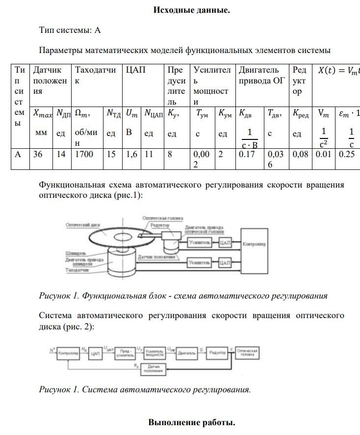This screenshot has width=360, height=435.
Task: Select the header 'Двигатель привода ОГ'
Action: (x=261, y=75)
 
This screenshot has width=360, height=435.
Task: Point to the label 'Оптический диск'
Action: (x=82, y=225)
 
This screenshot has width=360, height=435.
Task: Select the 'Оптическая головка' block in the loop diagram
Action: (x=247, y=353)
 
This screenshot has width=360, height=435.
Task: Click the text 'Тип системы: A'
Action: (x=70, y=30)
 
